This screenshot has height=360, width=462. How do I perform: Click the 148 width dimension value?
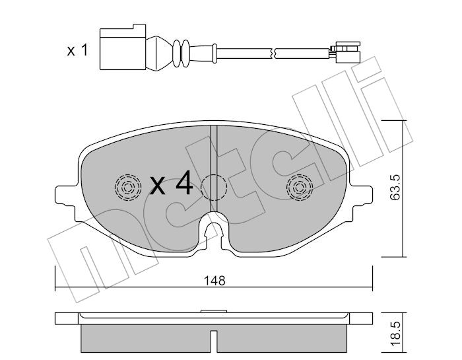coord(214,281)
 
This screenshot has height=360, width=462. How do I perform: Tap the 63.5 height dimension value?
coord(395,187)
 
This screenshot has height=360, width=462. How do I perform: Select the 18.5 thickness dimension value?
coord(395,334)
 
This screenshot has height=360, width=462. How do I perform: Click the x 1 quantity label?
coord(77,50)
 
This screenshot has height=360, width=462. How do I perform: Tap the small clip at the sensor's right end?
coord(346,52)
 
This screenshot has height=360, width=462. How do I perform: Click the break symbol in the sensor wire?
coord(273,53)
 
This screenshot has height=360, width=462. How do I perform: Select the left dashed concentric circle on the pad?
coord(128,187)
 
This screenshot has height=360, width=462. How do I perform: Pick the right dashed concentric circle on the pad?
coord(300,187)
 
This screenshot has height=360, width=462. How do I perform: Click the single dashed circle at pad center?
coord(214,188)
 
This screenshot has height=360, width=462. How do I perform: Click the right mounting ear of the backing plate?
coord(362,195)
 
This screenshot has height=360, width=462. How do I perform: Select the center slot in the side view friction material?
coord(214,341)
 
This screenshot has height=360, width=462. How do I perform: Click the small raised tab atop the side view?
coord(214,311)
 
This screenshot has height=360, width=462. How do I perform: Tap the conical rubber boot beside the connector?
coord(158,54)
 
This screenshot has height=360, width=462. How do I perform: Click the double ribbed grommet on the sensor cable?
coord(181,53)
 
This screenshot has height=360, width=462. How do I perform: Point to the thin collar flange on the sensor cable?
coord(214,53)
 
